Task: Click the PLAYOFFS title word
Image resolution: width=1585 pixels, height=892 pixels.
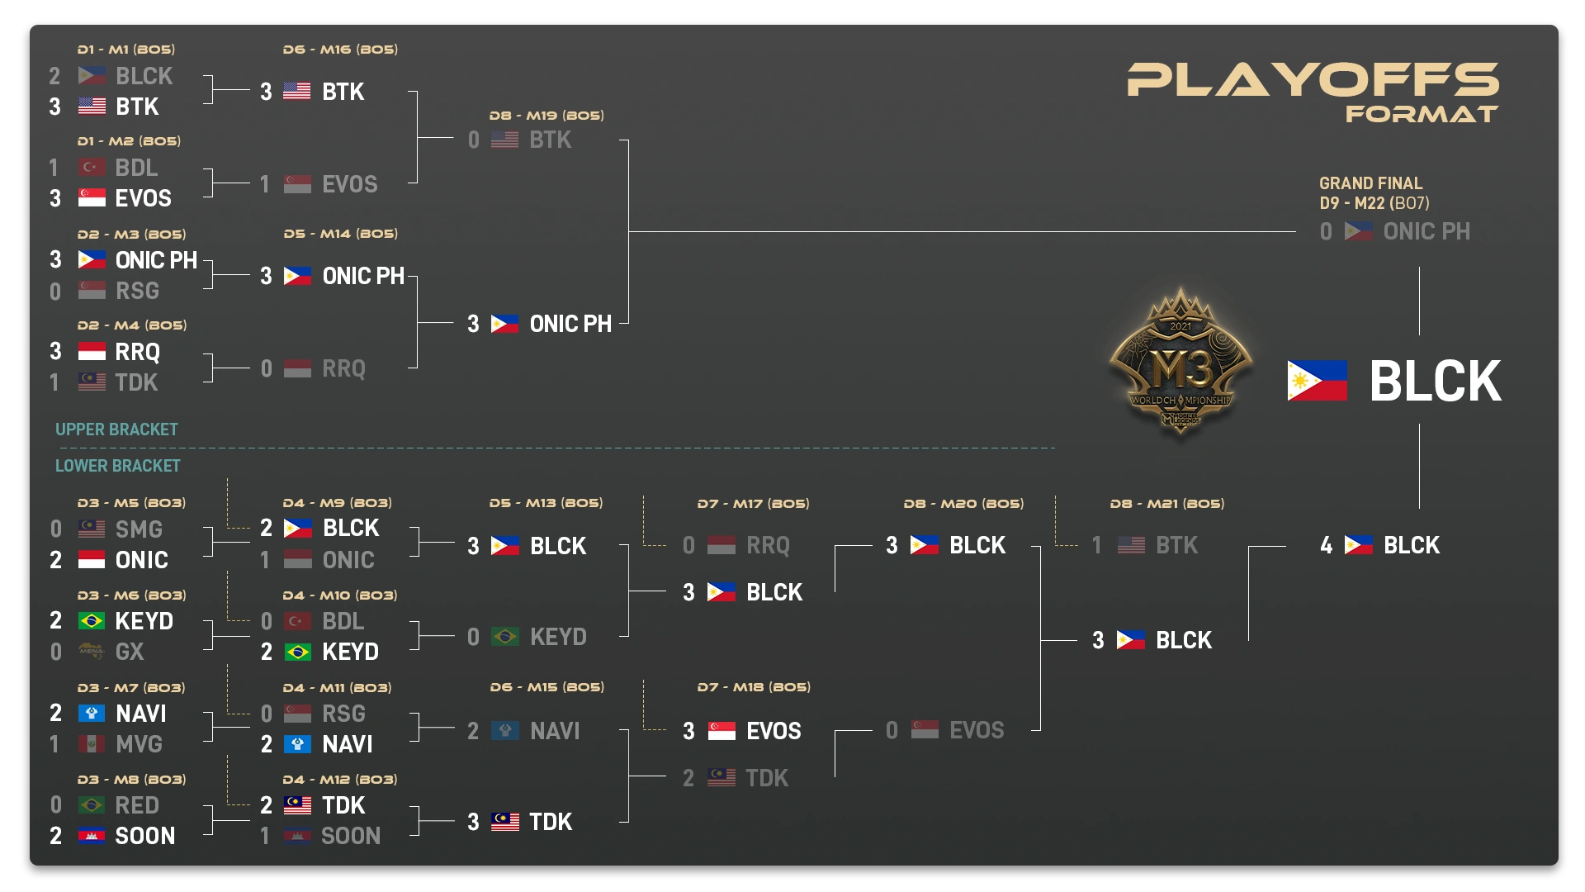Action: [x=1313, y=80]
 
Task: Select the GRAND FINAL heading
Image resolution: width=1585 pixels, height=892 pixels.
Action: [x=1370, y=183]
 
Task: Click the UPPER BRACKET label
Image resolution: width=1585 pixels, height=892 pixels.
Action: [x=116, y=429]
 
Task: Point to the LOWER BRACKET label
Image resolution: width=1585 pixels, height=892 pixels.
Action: [x=117, y=466]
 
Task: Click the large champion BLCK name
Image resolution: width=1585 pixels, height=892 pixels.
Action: [x=1436, y=382]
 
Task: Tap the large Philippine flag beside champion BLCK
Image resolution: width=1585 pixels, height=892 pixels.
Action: [x=1317, y=381]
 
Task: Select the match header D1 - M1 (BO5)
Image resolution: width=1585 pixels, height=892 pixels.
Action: [x=125, y=50]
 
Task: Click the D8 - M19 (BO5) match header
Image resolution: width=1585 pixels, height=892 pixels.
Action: [x=546, y=116]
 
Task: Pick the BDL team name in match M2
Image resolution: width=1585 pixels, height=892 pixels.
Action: [x=136, y=168]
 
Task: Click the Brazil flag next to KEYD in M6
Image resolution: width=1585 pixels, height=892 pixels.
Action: [x=92, y=621]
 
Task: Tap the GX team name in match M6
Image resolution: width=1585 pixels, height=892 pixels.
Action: [x=130, y=652]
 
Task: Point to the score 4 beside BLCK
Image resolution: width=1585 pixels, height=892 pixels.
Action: [x=1326, y=545]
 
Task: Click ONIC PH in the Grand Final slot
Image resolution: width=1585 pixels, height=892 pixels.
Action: [x=1426, y=231]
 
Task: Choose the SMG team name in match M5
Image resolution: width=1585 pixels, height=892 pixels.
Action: [x=139, y=529]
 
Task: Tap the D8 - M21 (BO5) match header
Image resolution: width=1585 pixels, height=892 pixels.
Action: [x=1166, y=504]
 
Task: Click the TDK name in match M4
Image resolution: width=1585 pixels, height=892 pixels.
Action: [x=136, y=382]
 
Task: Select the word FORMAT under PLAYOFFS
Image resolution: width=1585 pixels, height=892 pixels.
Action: [x=1422, y=114]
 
